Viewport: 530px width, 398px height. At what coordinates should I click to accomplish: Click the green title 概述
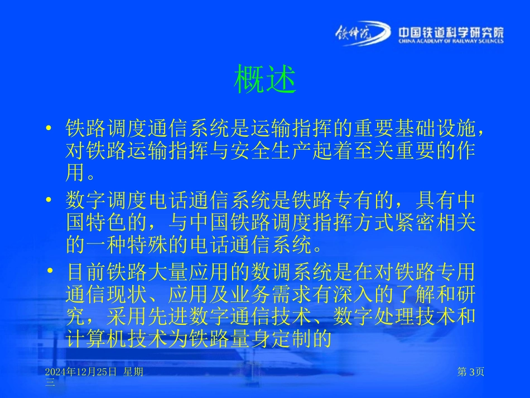(x=264, y=81)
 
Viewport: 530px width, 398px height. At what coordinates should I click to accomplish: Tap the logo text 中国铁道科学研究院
(x=451, y=32)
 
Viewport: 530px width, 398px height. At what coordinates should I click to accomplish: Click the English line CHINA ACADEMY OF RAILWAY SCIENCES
(x=451, y=41)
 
